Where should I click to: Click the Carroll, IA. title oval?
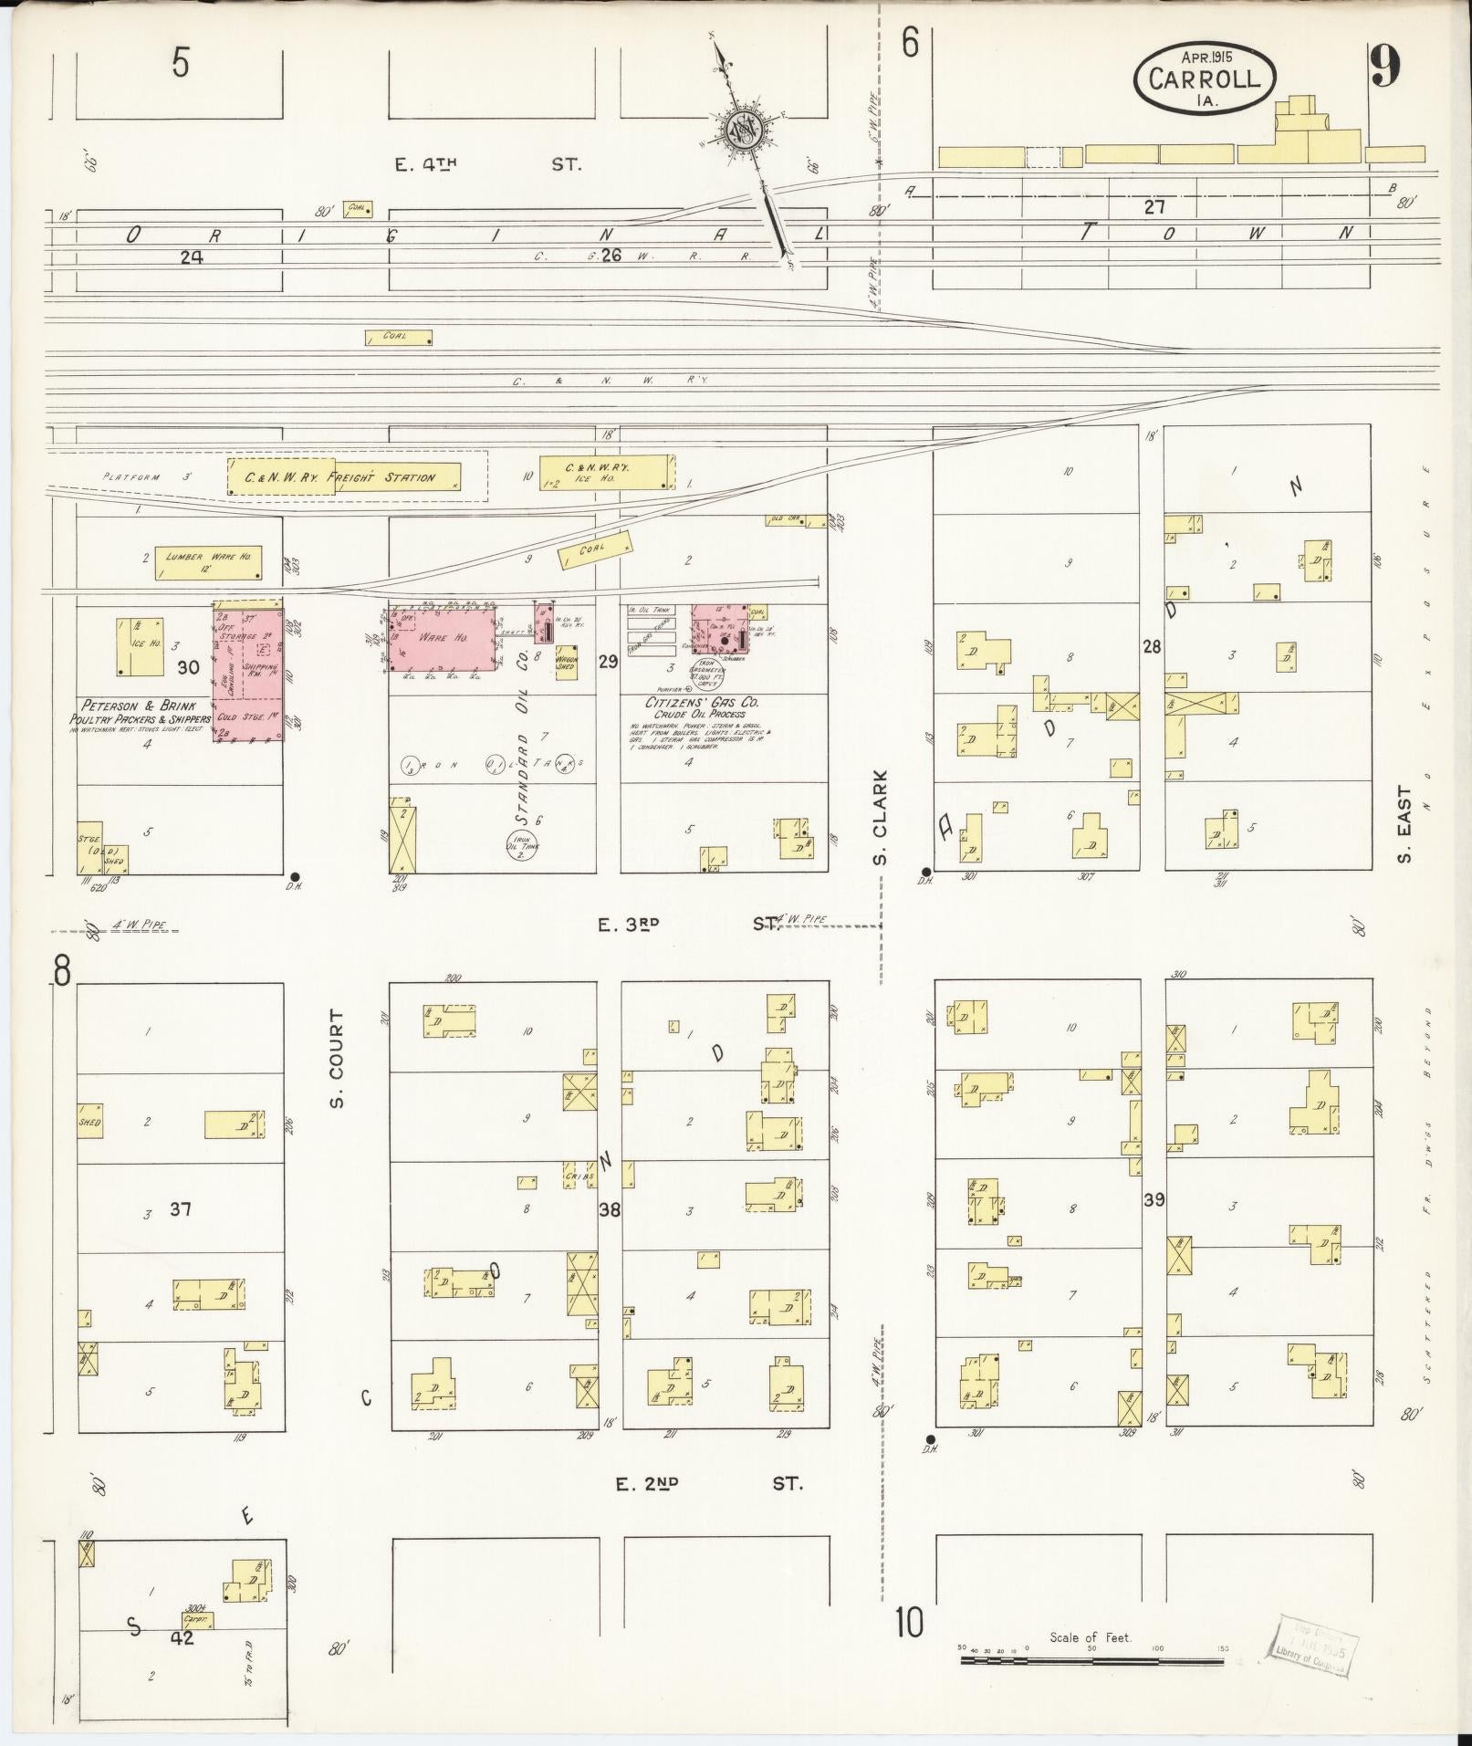click(1205, 78)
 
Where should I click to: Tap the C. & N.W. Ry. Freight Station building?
click(344, 477)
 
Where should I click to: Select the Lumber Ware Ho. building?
click(209, 558)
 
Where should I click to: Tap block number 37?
click(180, 1210)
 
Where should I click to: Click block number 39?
click(1154, 1200)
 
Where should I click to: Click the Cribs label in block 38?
click(581, 1177)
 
